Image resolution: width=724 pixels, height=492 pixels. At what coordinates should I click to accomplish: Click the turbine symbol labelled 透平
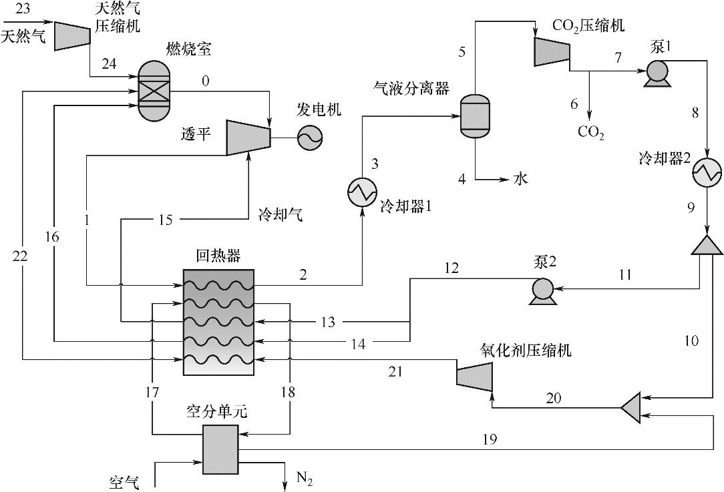(x=248, y=138)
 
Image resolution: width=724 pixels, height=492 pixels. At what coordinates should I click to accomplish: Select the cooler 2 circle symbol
(x=707, y=174)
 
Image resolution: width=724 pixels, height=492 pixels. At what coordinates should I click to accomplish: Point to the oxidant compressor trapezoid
(x=474, y=374)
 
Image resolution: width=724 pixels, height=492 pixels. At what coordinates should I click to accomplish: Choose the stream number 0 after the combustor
(x=205, y=81)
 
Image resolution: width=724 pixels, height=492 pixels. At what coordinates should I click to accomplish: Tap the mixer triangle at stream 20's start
(x=631, y=405)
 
